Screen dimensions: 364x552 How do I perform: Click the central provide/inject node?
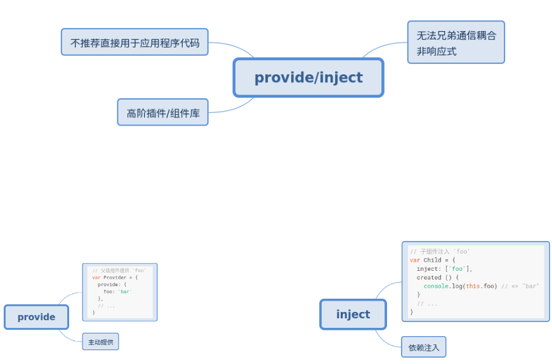[308, 77]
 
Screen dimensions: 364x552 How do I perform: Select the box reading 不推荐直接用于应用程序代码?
[135, 42]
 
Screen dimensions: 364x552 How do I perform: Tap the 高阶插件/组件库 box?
[162, 113]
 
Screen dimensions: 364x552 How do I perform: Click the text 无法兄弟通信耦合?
[456, 36]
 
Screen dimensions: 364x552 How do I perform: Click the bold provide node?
[36, 317]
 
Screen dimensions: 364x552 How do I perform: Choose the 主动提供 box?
[100, 342]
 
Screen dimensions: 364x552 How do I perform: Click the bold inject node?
[353, 315]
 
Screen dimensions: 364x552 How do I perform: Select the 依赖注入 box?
[424, 347]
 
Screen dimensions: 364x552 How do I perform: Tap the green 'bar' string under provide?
[125, 292]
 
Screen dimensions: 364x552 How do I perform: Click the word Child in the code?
[432, 260]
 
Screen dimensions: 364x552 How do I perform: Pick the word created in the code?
[429, 277]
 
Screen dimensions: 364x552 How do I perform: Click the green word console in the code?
[436, 286]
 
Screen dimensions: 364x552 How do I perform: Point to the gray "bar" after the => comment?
[530, 286]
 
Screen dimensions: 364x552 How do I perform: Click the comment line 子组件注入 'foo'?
[440, 252]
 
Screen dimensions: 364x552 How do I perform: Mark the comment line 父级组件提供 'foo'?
[119, 271]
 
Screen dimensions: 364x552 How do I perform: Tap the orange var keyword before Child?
[415, 260]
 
